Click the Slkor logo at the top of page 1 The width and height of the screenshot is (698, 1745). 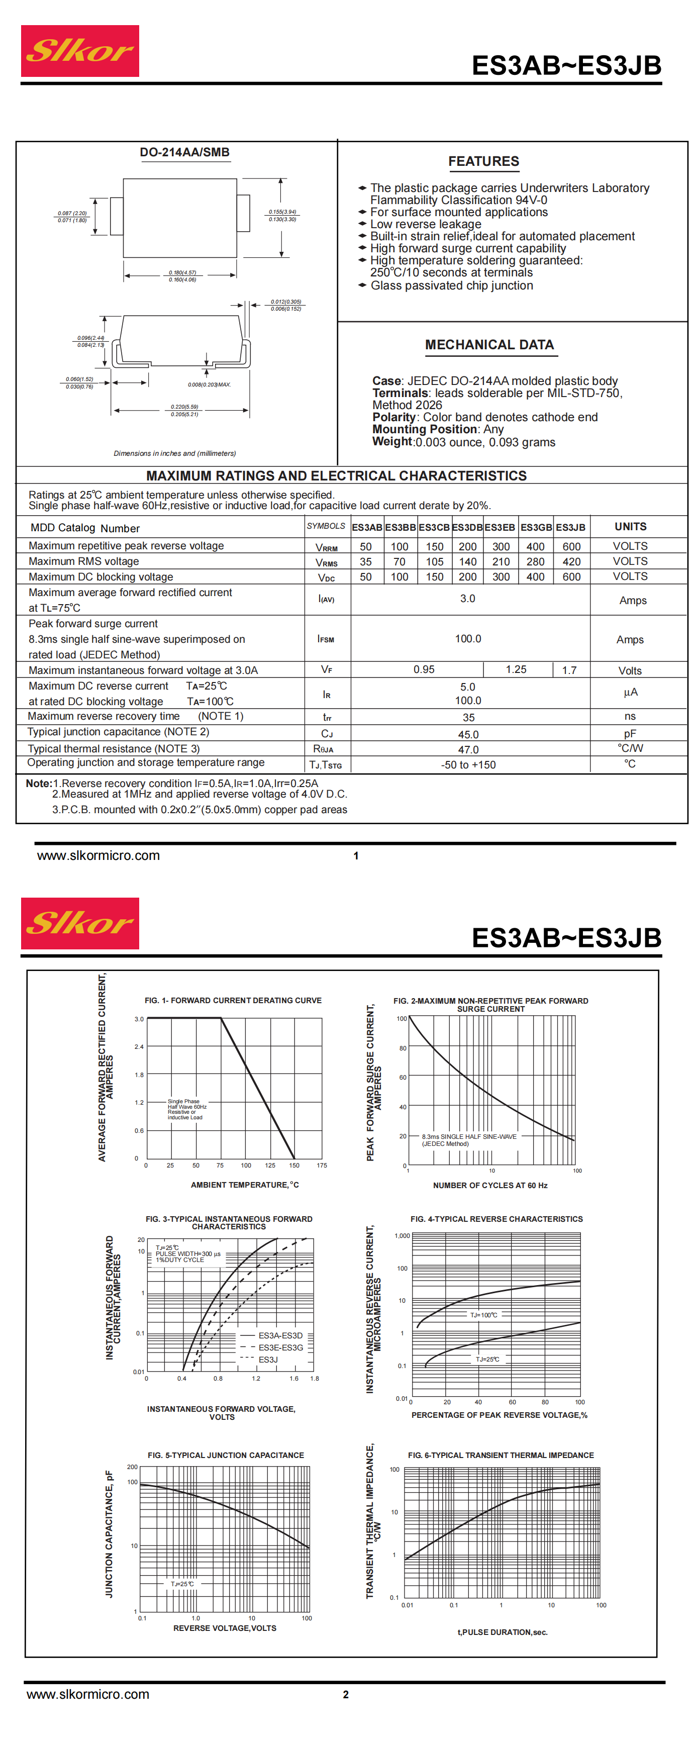click(80, 51)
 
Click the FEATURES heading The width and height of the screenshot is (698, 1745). click(483, 161)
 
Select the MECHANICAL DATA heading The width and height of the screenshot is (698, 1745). click(489, 345)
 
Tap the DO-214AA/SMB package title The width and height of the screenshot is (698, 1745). click(184, 152)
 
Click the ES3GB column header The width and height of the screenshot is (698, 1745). click(536, 527)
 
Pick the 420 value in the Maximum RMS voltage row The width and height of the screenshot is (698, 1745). click(571, 561)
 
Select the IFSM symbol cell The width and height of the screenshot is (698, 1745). click(326, 639)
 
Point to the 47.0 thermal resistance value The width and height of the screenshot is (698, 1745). click(468, 749)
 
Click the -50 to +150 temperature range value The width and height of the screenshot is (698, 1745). click(468, 765)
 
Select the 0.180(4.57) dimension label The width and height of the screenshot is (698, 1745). click(182, 272)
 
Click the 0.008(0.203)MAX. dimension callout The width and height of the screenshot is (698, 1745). click(209, 385)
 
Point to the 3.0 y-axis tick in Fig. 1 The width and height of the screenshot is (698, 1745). click(139, 1019)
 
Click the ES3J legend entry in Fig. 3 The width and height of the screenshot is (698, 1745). click(268, 1360)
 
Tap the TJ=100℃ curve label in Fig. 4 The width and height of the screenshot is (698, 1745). click(483, 1315)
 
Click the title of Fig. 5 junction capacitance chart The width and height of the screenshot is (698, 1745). click(226, 1455)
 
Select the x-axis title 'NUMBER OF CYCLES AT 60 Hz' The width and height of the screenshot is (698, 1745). click(490, 1186)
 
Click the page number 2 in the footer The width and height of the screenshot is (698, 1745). click(345, 1694)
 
